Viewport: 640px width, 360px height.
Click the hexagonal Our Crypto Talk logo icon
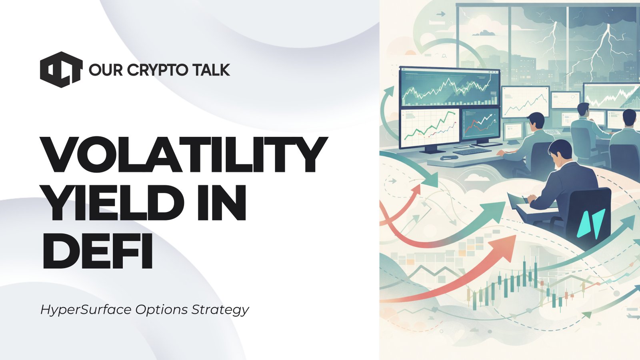(x=61, y=70)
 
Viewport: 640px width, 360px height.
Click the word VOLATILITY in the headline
(x=184, y=155)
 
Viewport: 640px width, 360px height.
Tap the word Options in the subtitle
(x=161, y=310)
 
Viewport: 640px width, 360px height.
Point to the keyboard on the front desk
(x=472, y=151)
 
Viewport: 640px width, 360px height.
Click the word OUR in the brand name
(x=105, y=70)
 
